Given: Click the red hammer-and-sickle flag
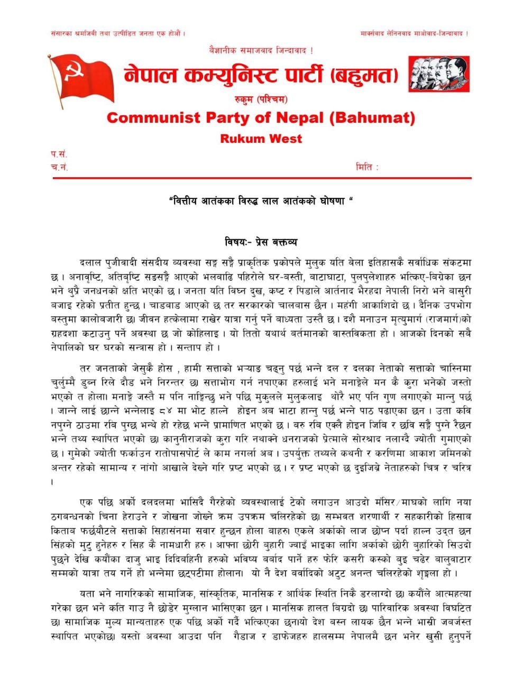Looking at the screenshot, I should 82,77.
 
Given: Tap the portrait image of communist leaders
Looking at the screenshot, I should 439,74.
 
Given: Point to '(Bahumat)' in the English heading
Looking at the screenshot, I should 372,117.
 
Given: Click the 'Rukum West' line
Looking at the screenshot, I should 261,139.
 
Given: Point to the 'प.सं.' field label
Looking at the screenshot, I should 59,154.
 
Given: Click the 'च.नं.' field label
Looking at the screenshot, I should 59,167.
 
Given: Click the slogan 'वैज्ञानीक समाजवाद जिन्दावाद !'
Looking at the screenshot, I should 261,50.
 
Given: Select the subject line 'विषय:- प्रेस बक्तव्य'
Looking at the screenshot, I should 261,242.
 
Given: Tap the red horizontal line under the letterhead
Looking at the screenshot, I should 261,179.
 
